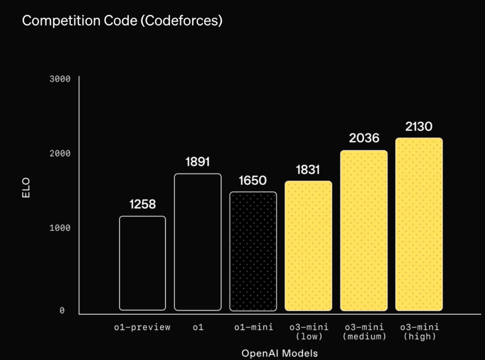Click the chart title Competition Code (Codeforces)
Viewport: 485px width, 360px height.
[122, 21]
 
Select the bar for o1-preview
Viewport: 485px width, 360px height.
[142, 263]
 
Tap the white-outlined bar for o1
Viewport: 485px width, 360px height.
[198, 242]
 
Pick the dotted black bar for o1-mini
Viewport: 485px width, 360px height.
[253, 251]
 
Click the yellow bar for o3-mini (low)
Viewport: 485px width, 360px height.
[309, 246]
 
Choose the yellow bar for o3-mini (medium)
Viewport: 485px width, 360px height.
[364, 231]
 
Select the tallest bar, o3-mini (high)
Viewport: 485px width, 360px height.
[419, 224]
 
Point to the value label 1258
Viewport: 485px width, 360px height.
[142, 204]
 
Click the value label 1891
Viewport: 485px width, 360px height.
[198, 162]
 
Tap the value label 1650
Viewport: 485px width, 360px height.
[253, 181]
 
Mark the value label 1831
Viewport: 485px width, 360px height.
[308, 170]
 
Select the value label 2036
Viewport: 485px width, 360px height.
[364, 138]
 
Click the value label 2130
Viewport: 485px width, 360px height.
[419, 127]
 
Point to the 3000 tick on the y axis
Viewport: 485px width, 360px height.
[60, 79]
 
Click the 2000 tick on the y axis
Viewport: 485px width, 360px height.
[60, 154]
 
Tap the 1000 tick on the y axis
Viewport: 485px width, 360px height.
[60, 228]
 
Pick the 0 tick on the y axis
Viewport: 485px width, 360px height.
[62, 311]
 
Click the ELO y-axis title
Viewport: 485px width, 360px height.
[26, 188]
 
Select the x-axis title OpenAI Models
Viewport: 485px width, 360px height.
[279, 353]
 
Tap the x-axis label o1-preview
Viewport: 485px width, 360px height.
[142, 327]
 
